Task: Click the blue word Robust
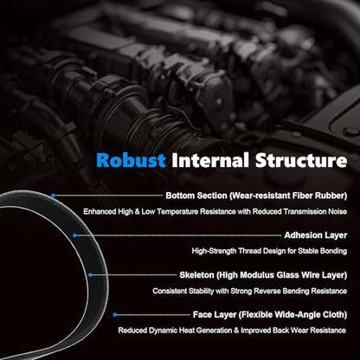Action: pyautogui.click(x=131, y=160)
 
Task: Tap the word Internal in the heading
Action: pyautogui.click(x=210, y=160)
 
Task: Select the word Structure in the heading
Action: pyautogui.click(x=301, y=160)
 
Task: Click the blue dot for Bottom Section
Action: pyautogui.click(x=53, y=196)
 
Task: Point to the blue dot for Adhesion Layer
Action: pyautogui.click(x=74, y=235)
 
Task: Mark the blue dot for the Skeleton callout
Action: pyautogui.click(x=90, y=275)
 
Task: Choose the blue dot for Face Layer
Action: pyautogui.click(x=115, y=315)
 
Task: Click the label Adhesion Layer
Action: pyautogui.click(x=316, y=235)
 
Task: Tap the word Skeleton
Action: pyautogui.click(x=196, y=275)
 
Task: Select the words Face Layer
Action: pyautogui.click(x=215, y=315)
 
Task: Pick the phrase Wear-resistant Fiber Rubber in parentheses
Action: pyautogui.click(x=288, y=196)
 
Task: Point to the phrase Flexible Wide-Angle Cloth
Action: pyautogui.click(x=292, y=315)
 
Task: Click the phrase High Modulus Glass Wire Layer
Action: pyautogui.click(x=282, y=275)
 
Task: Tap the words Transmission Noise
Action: pyautogui.click(x=315, y=211)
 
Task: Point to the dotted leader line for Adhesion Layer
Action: pyautogui.click(x=179, y=235)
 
